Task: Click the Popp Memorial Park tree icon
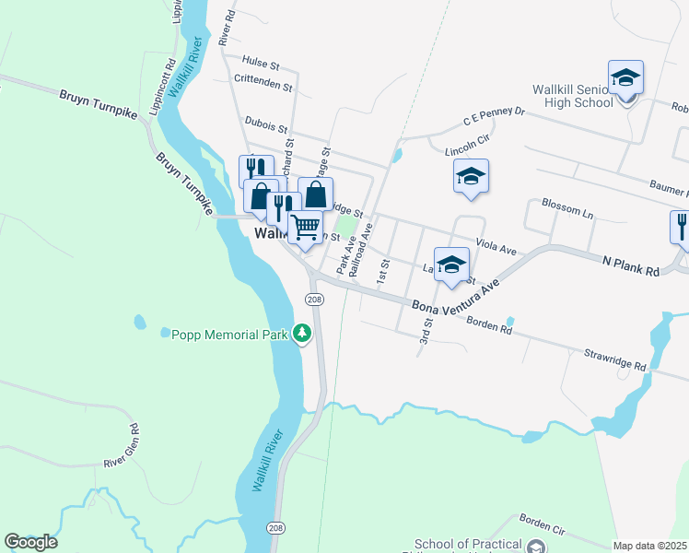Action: [302, 334]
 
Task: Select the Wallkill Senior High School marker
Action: [625, 79]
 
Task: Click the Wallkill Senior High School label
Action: [573, 96]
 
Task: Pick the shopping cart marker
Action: [305, 225]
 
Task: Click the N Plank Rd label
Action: [632, 267]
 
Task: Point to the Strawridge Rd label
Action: [615, 359]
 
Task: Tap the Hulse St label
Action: [261, 65]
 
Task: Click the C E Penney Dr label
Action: [494, 117]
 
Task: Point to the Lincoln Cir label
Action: [464, 149]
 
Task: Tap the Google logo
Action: [30, 542]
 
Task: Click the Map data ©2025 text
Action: [648, 546]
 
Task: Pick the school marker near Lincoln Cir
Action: [471, 177]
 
